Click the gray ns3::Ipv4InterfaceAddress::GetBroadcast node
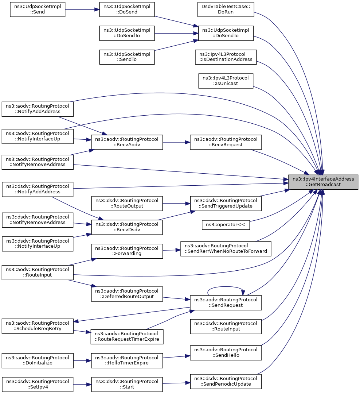point(323,182)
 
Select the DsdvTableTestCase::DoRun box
point(226,9)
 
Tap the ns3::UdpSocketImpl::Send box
point(38,9)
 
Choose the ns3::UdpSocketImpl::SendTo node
point(127,57)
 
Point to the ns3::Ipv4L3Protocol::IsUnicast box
point(226,81)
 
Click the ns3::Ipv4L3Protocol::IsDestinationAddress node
point(226,57)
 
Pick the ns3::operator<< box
point(226,225)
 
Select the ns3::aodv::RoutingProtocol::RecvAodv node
point(127,142)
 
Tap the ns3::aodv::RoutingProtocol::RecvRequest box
point(226,142)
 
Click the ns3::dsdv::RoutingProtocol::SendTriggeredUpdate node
point(226,204)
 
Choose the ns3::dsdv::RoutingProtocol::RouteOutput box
point(127,204)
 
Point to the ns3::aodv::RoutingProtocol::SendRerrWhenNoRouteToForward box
point(226,249)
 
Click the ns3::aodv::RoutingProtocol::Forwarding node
point(127,251)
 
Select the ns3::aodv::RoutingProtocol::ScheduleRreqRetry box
point(38,326)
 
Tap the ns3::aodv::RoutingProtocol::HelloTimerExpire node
point(127,360)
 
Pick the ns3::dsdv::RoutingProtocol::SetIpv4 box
point(38,385)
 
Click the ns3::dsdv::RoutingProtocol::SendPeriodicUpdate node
point(226,382)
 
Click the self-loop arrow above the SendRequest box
point(226,287)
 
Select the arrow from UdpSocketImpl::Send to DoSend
point(82,9)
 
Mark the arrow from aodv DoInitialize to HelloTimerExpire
point(82,360)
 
